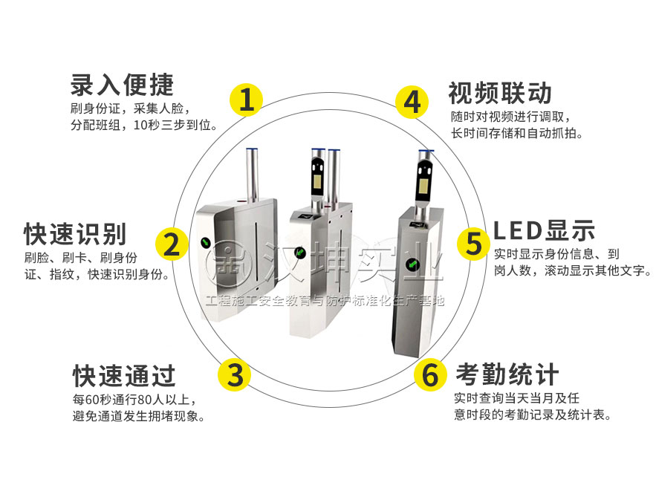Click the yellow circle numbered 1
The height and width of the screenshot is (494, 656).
click(x=246, y=100)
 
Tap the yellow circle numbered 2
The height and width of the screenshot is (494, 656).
click(x=172, y=244)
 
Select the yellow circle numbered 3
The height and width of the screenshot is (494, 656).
click(x=234, y=374)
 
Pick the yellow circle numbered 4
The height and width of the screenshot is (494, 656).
click(x=412, y=102)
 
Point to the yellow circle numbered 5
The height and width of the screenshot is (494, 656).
click(x=473, y=244)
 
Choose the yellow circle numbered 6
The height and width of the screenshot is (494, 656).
click(x=430, y=374)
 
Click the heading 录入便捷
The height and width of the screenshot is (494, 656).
click(x=122, y=85)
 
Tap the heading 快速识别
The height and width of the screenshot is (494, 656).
click(x=75, y=234)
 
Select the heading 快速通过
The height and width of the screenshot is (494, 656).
click(x=124, y=376)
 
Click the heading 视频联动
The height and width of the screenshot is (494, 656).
click(x=500, y=93)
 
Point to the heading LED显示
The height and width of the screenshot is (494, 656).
click(x=545, y=230)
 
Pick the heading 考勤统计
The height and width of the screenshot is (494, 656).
click(x=507, y=374)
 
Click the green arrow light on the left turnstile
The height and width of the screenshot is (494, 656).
click(x=206, y=243)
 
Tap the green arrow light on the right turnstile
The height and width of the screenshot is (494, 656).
click(x=412, y=264)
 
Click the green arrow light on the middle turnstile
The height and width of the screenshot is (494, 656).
click(x=299, y=253)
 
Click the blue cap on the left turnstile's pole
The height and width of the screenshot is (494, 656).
click(x=252, y=149)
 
